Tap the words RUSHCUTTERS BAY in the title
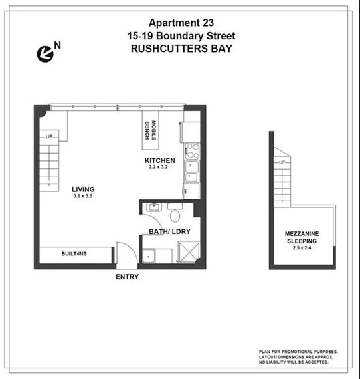(179, 49)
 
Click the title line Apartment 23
(179, 22)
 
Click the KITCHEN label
(160, 160)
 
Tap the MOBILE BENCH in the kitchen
(150, 130)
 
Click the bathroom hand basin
(153, 207)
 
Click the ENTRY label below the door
(127, 277)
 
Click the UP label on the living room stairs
(50, 137)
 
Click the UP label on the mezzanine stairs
(282, 162)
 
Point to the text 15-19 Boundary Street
(179, 35)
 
